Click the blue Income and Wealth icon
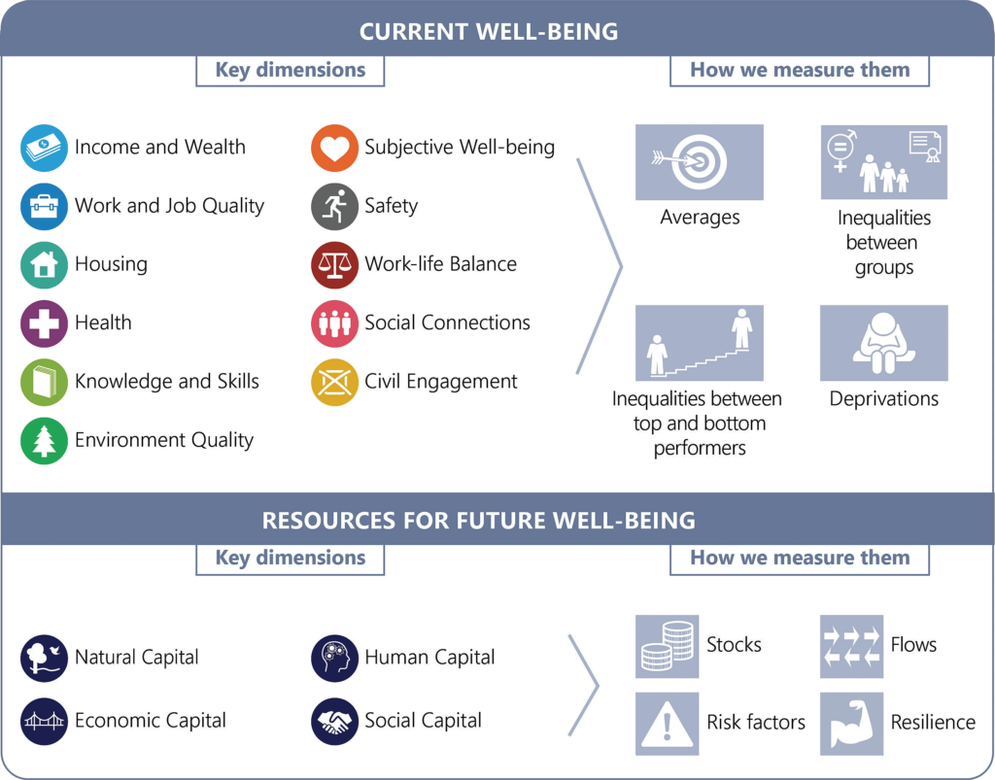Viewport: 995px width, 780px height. point(44,148)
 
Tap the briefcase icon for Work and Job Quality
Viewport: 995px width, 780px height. point(44,206)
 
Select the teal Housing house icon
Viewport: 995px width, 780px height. point(44,265)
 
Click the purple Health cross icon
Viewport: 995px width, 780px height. point(44,323)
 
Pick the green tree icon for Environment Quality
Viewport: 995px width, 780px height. point(44,441)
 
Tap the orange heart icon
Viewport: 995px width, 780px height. point(334,148)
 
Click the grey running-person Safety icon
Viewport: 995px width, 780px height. point(334,206)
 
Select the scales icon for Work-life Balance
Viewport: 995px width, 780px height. point(334,265)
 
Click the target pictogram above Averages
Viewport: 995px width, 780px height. point(700,161)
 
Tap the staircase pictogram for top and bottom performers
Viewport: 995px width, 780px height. point(700,343)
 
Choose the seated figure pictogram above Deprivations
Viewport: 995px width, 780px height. point(884,343)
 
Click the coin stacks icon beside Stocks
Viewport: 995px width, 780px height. point(667,646)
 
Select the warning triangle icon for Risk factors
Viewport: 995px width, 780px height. point(667,724)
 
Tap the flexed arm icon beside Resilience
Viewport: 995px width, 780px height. point(851,724)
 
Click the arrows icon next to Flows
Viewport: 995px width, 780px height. point(851,646)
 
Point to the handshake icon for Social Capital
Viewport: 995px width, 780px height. point(334,722)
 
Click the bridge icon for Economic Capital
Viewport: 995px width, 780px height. point(44,722)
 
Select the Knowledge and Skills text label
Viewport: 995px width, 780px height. point(167,381)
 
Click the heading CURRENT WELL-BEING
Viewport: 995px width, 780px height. point(489,31)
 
